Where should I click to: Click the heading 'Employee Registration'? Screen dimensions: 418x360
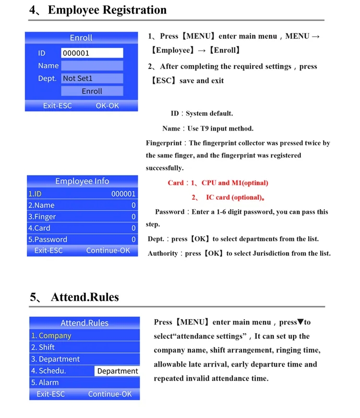pos(107,10)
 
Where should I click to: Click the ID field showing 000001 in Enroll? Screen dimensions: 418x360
pos(92,53)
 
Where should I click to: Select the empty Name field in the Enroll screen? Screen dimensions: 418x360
pos(92,66)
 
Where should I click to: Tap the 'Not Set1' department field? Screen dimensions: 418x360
pos(92,78)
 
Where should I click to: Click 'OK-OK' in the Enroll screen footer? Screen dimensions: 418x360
pos(107,106)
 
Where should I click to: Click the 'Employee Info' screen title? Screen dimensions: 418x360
pos(82,181)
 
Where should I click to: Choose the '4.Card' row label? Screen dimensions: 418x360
pos(39,228)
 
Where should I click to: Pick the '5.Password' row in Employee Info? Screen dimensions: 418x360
pos(48,239)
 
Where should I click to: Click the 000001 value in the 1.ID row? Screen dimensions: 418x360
pos(123,194)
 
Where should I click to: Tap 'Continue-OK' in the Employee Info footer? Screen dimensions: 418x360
pos(108,251)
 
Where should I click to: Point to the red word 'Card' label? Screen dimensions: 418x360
pos(176,183)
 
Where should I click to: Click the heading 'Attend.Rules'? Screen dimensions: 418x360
pos(84,297)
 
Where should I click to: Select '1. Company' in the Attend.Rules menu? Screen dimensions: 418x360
pos(51,335)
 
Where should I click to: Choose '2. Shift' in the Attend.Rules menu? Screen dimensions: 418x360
pos(43,347)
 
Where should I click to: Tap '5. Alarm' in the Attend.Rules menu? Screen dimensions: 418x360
pos(45,382)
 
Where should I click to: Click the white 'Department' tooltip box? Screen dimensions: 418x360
pos(117,371)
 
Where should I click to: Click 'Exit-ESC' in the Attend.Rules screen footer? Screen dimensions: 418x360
pos(50,394)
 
